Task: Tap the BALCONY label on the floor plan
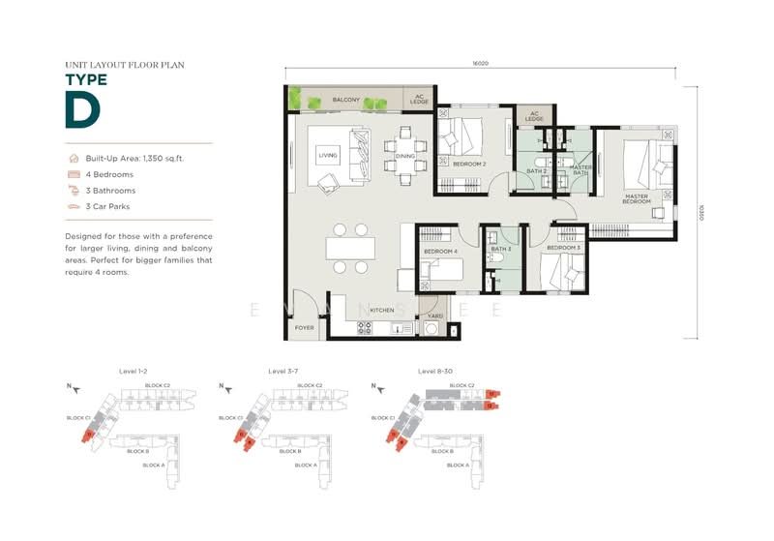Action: (346, 100)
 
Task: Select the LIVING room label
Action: (328, 154)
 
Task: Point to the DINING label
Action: (404, 156)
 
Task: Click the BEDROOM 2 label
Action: (470, 164)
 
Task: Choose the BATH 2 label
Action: (537, 171)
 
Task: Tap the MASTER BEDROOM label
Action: (636, 199)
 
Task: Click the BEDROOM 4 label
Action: (440, 252)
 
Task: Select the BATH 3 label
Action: (500, 250)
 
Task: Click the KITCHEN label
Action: (381, 311)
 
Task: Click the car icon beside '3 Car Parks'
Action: (73, 206)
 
